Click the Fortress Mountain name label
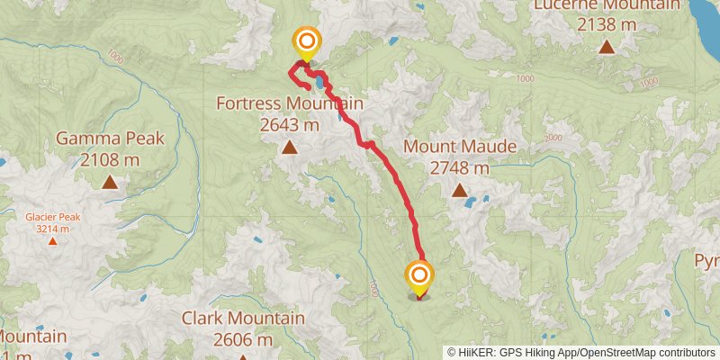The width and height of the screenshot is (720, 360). (x=289, y=103)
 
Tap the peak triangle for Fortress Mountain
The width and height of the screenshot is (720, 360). (x=290, y=148)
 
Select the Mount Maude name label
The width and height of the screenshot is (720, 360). (x=460, y=146)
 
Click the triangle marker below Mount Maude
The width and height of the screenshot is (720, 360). (x=460, y=190)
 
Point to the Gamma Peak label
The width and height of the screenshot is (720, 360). (x=110, y=139)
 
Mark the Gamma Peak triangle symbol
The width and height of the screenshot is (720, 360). (x=110, y=183)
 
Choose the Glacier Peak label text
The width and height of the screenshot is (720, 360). (x=52, y=217)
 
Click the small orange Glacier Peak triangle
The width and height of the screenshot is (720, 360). (x=52, y=240)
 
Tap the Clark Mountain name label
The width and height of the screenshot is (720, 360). (x=243, y=319)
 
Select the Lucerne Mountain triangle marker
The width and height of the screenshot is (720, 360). (x=607, y=47)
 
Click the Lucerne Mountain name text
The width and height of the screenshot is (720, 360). (x=607, y=5)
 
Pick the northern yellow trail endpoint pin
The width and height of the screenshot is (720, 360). (x=307, y=41)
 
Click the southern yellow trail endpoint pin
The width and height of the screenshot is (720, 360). (x=419, y=275)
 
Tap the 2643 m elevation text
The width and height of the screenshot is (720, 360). (x=289, y=125)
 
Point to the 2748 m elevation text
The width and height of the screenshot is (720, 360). (x=460, y=167)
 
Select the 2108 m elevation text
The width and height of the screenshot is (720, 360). (x=110, y=160)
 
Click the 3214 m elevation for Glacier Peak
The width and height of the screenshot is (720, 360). (x=52, y=229)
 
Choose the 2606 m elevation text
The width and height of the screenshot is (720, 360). (x=243, y=340)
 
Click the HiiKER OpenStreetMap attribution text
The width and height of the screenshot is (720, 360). (x=580, y=353)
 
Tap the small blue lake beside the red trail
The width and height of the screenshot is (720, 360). (x=320, y=84)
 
